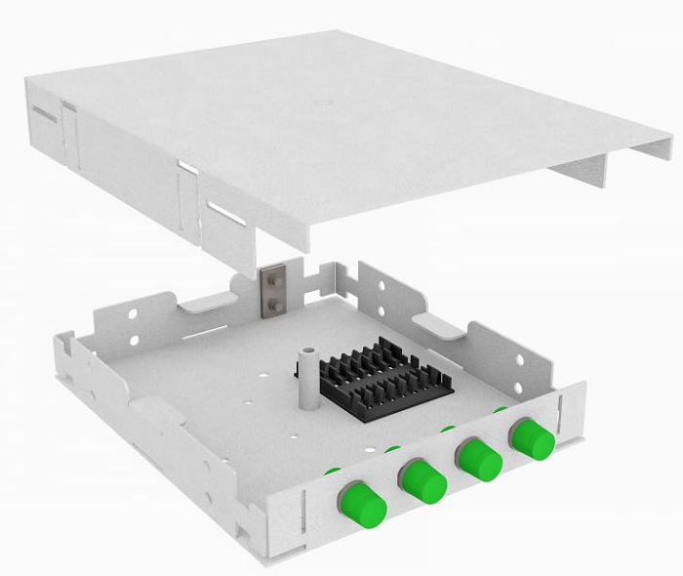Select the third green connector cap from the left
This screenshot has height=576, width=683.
(x=479, y=458)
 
